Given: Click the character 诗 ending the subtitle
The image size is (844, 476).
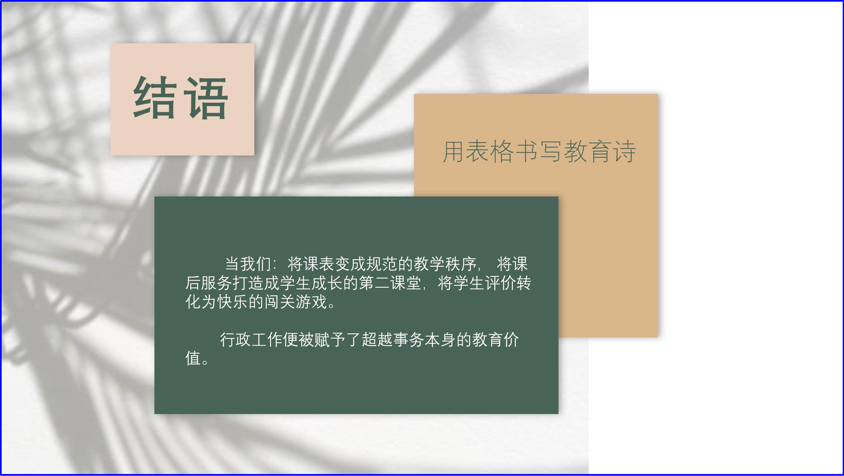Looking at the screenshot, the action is [625, 151].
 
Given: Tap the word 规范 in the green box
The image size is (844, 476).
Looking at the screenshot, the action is [382, 264].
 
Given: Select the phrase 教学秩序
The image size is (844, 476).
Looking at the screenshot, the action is [445, 264].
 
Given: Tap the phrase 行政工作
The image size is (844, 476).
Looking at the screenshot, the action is [251, 340].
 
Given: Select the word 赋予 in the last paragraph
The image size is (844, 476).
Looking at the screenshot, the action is [330, 340].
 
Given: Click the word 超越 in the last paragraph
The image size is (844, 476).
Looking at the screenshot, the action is [377, 340].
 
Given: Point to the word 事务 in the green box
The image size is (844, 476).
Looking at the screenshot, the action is [409, 340].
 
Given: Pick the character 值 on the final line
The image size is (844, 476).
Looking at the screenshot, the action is [193, 358].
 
